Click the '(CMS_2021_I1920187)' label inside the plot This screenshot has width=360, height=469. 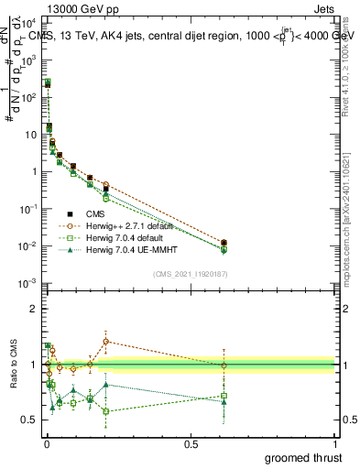[191, 274]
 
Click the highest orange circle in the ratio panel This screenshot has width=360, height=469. [106, 341]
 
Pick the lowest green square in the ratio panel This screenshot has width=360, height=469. [106, 411]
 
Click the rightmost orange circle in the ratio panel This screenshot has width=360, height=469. [224, 365]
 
